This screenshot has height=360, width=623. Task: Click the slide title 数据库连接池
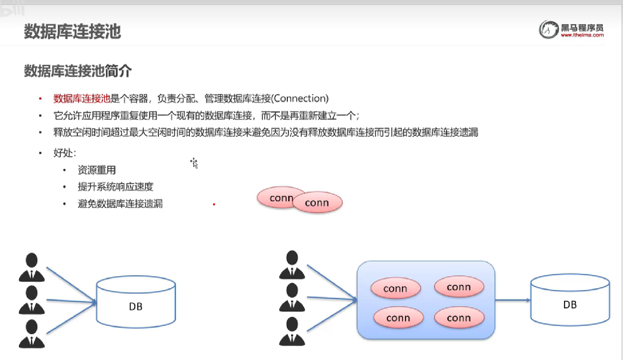point(72,31)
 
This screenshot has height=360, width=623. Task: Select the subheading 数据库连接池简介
point(78,71)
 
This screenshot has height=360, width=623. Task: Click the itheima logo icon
point(549,30)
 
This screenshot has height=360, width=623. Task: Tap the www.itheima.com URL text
point(582,35)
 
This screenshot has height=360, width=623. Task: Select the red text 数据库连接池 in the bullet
point(82,99)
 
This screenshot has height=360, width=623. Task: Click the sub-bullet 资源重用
point(97,170)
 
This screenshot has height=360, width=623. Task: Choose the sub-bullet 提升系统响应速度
point(115,187)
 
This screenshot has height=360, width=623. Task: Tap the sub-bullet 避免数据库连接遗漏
point(120,204)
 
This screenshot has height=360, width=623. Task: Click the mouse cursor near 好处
point(194,163)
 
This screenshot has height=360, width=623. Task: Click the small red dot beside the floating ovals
point(214,204)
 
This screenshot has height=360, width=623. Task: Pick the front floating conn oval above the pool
point(317,202)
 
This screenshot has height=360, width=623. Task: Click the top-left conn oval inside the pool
point(396,288)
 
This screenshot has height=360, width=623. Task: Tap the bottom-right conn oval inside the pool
point(459,317)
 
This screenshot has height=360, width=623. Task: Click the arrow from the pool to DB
point(513,300)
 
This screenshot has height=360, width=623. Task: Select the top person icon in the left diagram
point(32,267)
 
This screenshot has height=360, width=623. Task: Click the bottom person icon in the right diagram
point(292,331)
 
